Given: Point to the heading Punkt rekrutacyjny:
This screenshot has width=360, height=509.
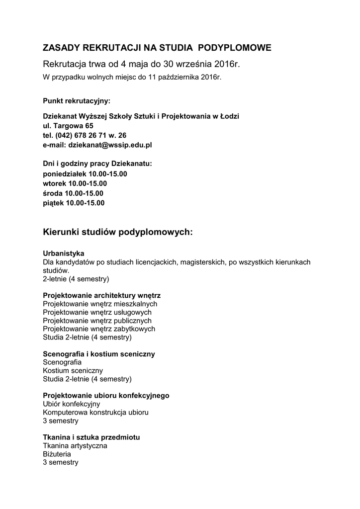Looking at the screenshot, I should (77, 101).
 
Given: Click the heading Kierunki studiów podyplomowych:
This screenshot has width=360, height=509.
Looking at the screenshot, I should (118, 232).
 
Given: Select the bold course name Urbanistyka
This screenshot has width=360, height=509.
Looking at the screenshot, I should (64, 253).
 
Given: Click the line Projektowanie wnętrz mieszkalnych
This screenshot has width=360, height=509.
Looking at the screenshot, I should (100, 303).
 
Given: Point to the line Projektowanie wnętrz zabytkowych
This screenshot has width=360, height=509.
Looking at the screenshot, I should (99, 329).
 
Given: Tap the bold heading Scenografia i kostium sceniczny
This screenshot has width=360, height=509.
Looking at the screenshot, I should (99, 354).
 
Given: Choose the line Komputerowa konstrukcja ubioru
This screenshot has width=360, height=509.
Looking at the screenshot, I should (95, 412).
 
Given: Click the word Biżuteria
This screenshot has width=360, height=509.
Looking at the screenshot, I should (57, 454).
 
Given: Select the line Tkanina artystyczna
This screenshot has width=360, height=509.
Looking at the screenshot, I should (75, 445).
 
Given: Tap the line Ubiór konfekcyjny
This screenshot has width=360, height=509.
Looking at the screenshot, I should (72, 404).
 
